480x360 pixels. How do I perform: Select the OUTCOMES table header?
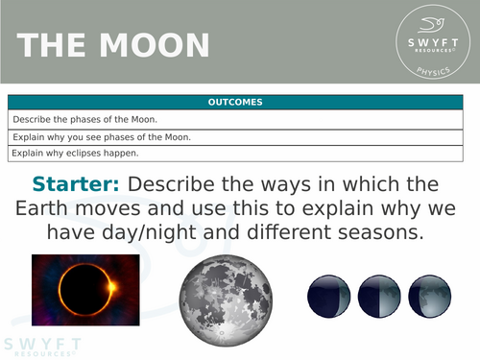(x=235, y=102)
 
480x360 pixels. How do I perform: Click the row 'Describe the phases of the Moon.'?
(x=235, y=119)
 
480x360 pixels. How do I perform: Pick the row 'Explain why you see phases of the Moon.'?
(x=235, y=136)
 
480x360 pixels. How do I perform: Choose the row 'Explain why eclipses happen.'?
(x=235, y=153)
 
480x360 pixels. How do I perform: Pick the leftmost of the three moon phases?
(x=328, y=295)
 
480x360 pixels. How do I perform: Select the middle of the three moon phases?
(x=379, y=295)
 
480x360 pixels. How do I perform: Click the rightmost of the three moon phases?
(x=429, y=295)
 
